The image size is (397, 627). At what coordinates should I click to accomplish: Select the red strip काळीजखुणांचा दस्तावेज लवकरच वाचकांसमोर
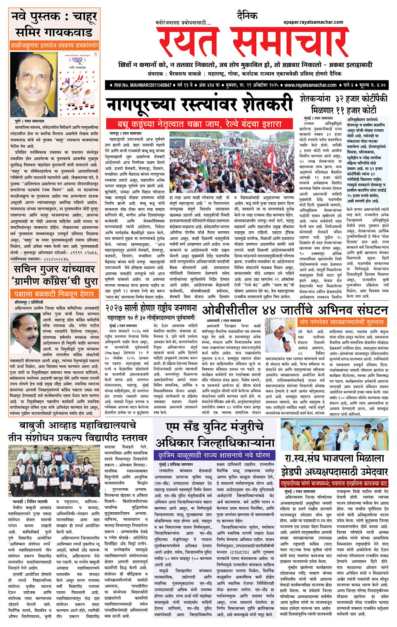(54, 45)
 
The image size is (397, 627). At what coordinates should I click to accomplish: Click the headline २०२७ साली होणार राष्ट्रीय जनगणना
(151, 308)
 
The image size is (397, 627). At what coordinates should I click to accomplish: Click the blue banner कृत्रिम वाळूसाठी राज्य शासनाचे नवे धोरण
(214, 455)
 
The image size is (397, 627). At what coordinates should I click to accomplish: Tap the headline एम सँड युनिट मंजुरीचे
(215, 427)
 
